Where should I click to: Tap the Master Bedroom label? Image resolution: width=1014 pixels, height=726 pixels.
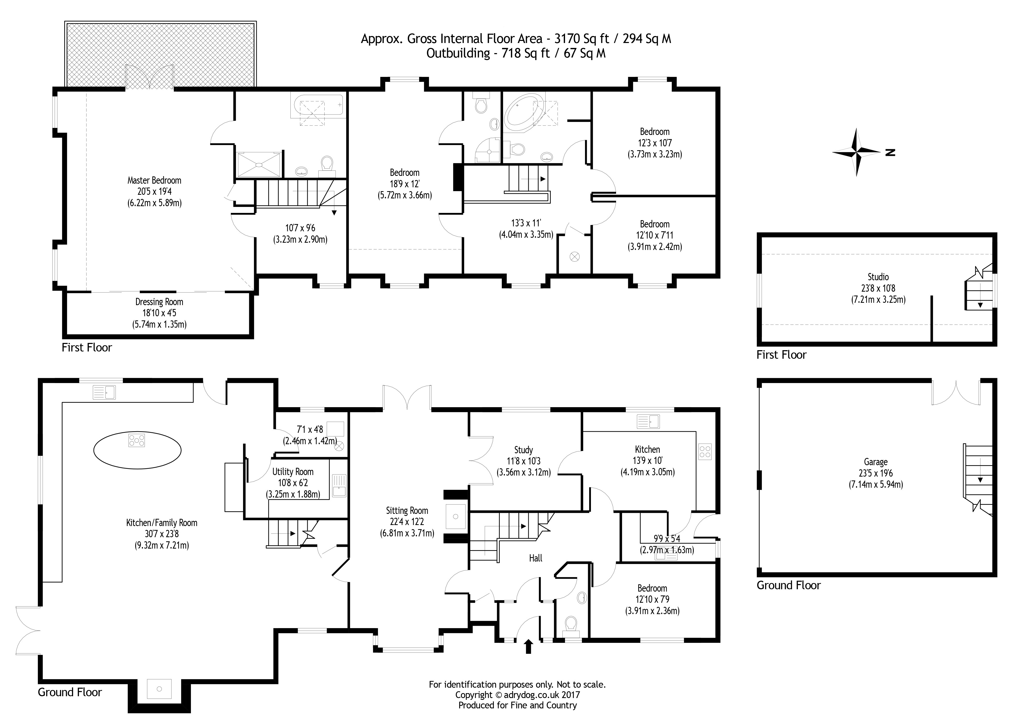click(154, 181)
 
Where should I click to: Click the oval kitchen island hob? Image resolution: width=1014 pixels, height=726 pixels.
click(137, 440)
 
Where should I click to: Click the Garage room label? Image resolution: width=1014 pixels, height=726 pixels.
click(875, 462)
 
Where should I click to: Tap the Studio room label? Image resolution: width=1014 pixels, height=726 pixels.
click(878, 277)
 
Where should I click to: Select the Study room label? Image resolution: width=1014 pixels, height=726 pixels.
click(524, 450)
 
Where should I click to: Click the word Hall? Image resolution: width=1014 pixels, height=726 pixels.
click(535, 558)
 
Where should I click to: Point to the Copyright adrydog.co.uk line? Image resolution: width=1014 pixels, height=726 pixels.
click(517, 695)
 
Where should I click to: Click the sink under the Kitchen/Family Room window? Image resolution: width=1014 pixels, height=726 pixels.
click(104, 392)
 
